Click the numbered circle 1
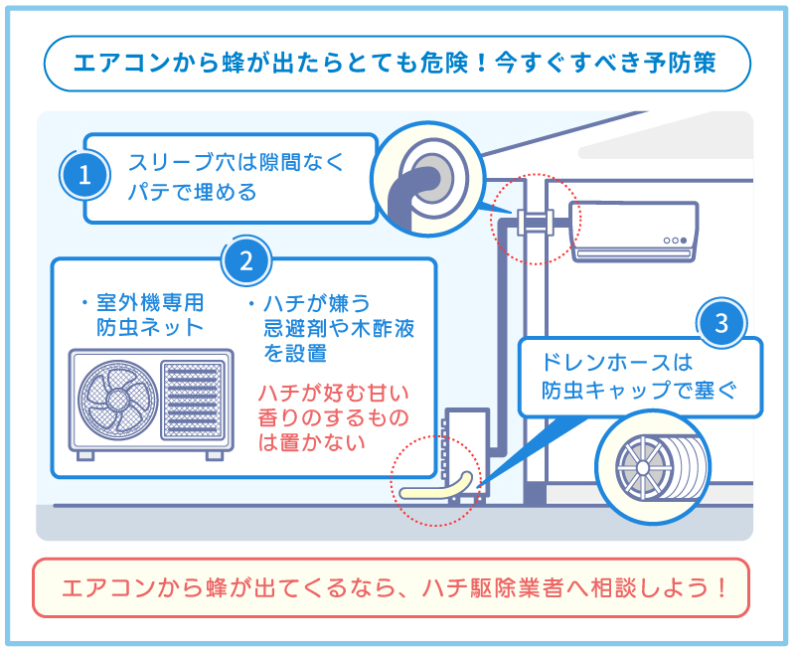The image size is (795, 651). (x=84, y=176)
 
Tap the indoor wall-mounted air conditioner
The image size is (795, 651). (x=634, y=231)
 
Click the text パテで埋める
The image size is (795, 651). (x=192, y=192)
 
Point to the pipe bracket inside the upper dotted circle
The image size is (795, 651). (x=535, y=220)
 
